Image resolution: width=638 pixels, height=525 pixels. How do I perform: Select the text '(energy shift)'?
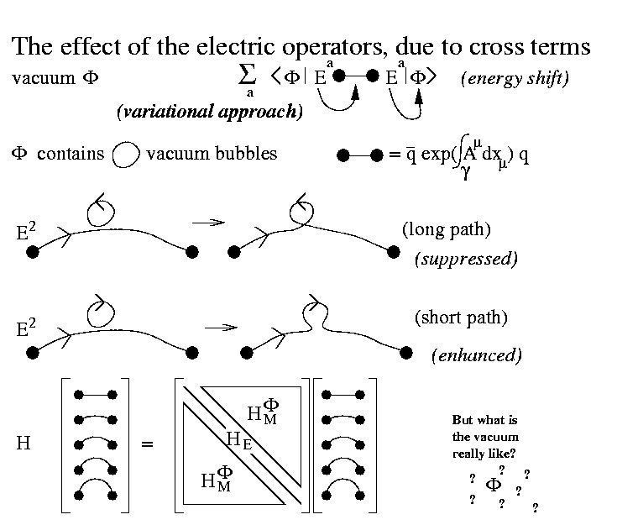515,79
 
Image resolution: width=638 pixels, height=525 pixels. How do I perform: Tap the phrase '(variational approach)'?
210,112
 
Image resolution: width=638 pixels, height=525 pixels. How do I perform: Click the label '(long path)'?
446,228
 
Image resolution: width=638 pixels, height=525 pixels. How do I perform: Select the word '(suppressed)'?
466,258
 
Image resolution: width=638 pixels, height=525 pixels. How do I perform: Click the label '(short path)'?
460,318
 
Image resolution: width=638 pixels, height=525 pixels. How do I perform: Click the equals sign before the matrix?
148,443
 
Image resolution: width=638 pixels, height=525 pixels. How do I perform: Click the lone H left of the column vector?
24,443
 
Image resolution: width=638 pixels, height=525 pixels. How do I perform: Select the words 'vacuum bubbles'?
212,155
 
